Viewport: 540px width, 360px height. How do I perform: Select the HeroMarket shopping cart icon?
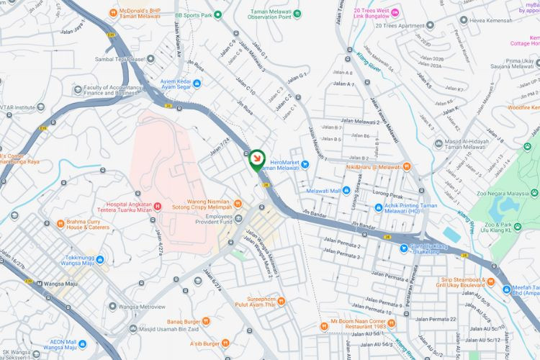tap(305, 163)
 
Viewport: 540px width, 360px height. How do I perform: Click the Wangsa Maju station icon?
tap(39, 283)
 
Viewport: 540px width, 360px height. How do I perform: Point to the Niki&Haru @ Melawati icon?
tap(407, 167)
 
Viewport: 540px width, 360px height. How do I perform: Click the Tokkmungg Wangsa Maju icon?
tap(99, 258)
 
